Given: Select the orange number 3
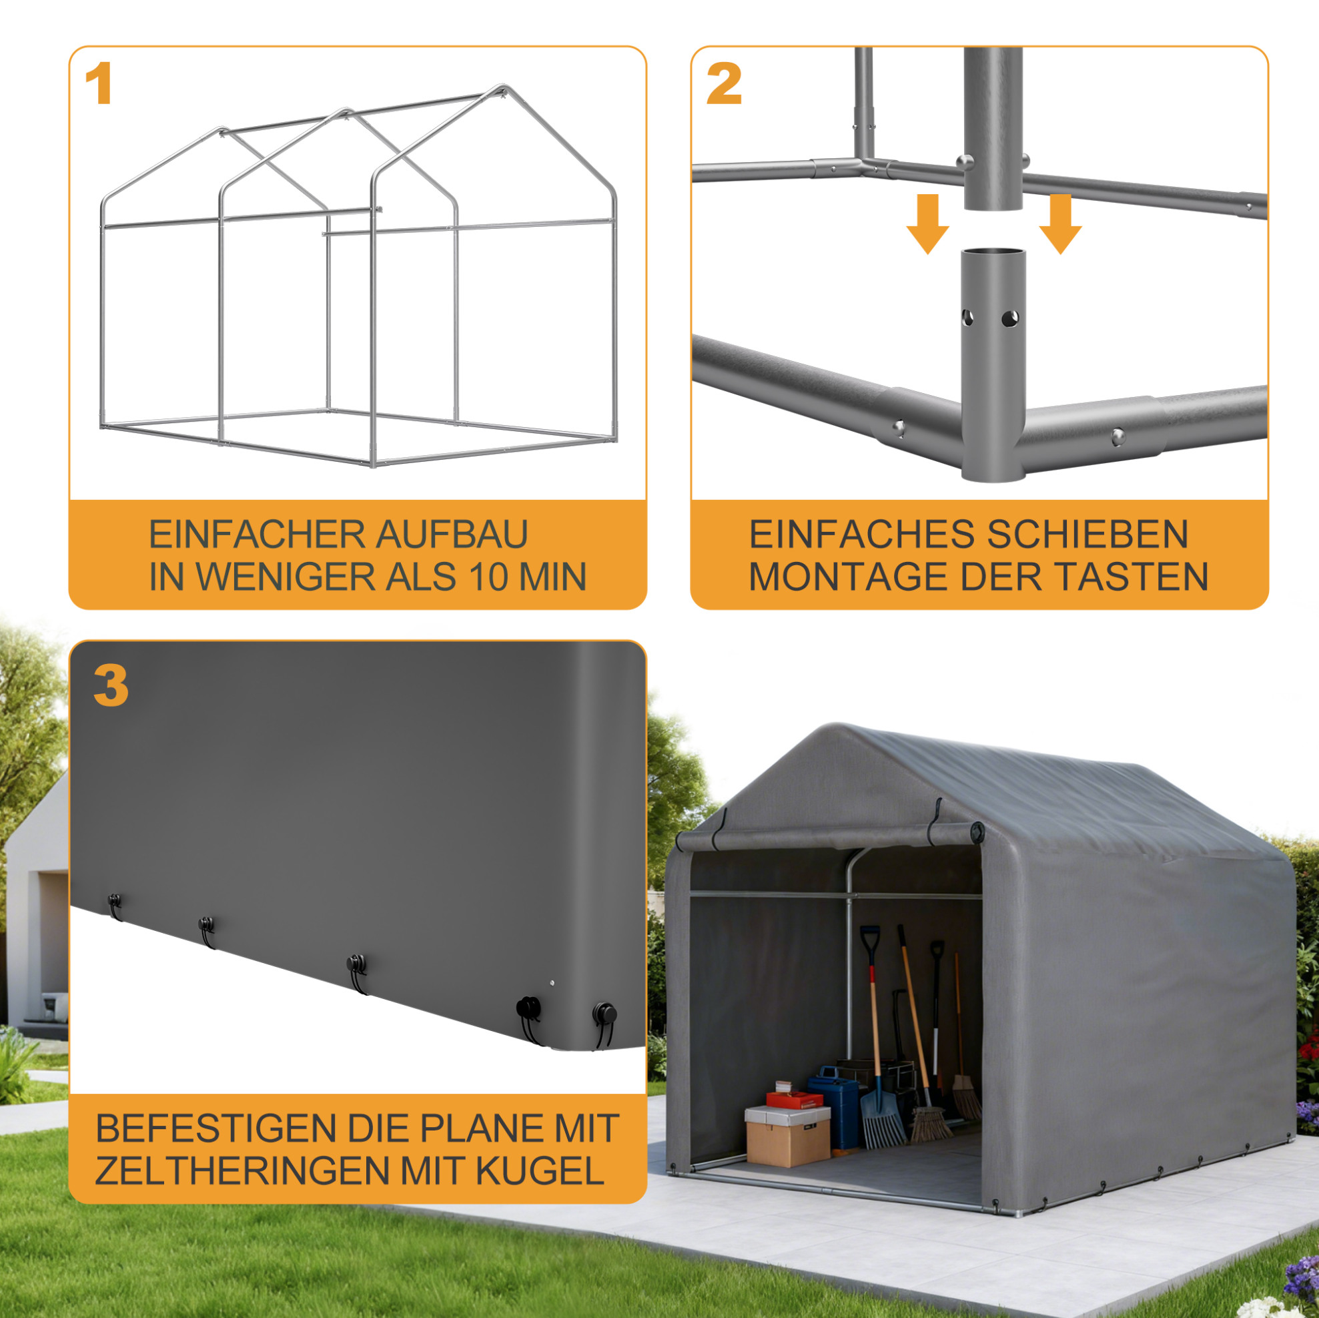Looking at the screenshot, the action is click(111, 687).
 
